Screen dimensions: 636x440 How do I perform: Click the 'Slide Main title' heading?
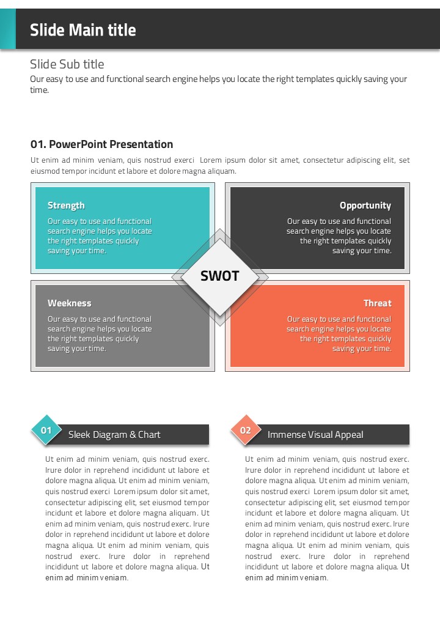pyautogui.click(x=83, y=30)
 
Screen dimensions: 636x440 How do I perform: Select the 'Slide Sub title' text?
pyautogui.click(x=67, y=64)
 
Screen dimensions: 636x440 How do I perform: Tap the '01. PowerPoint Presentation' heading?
pyautogui.click(x=101, y=144)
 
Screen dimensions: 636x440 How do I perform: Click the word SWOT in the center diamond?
pyautogui.click(x=220, y=276)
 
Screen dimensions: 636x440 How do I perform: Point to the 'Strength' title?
pyautogui.click(x=66, y=205)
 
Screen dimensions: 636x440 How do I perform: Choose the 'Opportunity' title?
pyautogui.click(x=365, y=205)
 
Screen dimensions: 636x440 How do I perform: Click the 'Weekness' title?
pyautogui.click(x=69, y=303)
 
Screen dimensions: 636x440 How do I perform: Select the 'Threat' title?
pyautogui.click(x=377, y=303)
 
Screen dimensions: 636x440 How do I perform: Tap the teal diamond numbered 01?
pyautogui.click(x=46, y=431)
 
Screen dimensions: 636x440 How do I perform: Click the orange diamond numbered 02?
pyautogui.click(x=246, y=431)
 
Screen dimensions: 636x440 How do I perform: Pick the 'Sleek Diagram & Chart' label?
pyautogui.click(x=114, y=435)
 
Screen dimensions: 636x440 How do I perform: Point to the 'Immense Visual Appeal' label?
pyautogui.click(x=315, y=435)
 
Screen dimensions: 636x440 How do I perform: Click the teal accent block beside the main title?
pyautogui.click(x=8, y=29)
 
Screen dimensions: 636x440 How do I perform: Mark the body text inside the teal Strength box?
pyautogui.click(x=100, y=236)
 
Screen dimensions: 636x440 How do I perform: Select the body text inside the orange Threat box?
pyautogui.click(x=339, y=334)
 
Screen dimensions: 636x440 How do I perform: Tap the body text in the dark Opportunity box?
pyautogui.click(x=339, y=236)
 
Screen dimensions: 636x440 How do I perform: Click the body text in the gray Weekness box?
pyautogui.click(x=100, y=334)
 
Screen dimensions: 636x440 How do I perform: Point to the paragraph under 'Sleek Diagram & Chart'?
pyautogui.click(x=127, y=519)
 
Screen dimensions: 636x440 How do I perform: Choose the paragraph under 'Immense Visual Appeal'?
pyautogui.click(x=327, y=519)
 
